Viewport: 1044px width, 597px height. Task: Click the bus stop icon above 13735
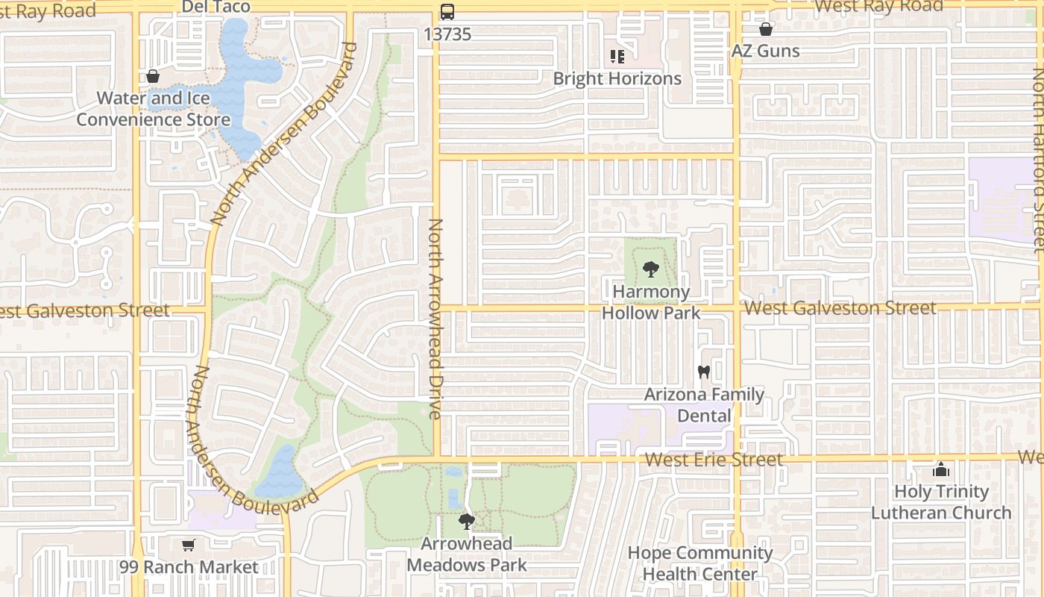pyautogui.click(x=447, y=12)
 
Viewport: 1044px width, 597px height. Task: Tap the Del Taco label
pyautogui.click(x=216, y=7)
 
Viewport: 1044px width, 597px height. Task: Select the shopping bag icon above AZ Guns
pyautogui.click(x=765, y=30)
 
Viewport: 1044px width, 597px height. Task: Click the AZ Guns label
pyautogui.click(x=765, y=51)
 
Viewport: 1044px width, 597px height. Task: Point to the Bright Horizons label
pyautogui.click(x=617, y=78)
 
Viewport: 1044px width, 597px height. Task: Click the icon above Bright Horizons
pyautogui.click(x=617, y=57)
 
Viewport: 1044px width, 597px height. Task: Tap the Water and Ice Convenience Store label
pyautogui.click(x=154, y=109)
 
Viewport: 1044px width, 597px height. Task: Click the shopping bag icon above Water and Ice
pyautogui.click(x=153, y=76)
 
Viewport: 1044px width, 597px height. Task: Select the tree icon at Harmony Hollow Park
pyautogui.click(x=651, y=269)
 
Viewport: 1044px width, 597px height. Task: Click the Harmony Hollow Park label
pyautogui.click(x=651, y=301)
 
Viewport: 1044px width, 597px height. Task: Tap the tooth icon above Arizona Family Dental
pyautogui.click(x=703, y=372)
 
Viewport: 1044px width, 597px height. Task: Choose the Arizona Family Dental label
pyautogui.click(x=704, y=404)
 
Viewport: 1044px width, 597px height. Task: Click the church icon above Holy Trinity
pyautogui.click(x=941, y=470)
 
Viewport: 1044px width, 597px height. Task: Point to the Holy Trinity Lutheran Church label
pyautogui.click(x=941, y=502)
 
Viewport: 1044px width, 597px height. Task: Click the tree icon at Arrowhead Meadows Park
pyautogui.click(x=467, y=522)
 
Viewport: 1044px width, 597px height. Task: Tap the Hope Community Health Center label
pyautogui.click(x=699, y=563)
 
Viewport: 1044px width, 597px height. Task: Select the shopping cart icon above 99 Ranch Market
pyautogui.click(x=189, y=546)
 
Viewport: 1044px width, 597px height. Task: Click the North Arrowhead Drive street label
pyautogui.click(x=436, y=318)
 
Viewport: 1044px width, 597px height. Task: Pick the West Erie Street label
pyautogui.click(x=714, y=459)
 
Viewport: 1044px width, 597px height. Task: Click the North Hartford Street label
pyautogui.click(x=1037, y=160)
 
